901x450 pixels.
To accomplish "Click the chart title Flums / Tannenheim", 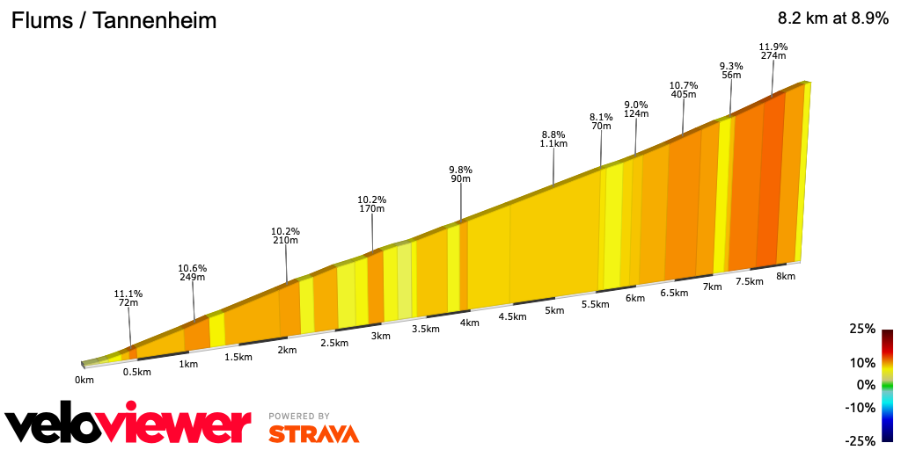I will pyautogui.click(x=114, y=20).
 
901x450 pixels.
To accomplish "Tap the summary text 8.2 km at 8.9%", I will pyautogui.click(x=832, y=18).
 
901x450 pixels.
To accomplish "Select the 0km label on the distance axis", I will pyautogui.click(x=84, y=380).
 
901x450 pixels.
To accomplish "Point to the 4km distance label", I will pyautogui.click(x=469, y=323).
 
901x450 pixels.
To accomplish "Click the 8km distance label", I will pyautogui.click(x=786, y=276).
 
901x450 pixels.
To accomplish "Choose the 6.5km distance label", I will pyautogui.click(x=673, y=293).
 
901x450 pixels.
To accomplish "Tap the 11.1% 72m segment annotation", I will pyautogui.click(x=128, y=298).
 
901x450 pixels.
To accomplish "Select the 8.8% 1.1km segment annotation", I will pyautogui.click(x=553, y=139).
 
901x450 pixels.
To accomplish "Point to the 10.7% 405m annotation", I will pyautogui.click(x=684, y=90).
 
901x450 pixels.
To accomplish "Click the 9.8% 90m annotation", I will pyautogui.click(x=460, y=174).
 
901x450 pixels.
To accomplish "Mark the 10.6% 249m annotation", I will pyautogui.click(x=192, y=272).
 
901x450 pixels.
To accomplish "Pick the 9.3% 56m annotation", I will pyautogui.click(x=731, y=70).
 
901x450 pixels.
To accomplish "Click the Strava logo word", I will pyautogui.click(x=313, y=434).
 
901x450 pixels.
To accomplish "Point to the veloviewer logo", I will pyautogui.click(x=128, y=425).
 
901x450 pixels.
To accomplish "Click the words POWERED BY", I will pyautogui.click(x=299, y=416).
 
